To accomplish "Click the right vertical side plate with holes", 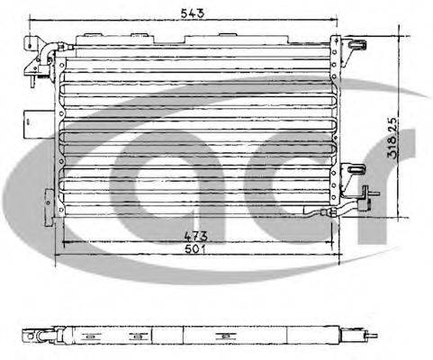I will (336, 126).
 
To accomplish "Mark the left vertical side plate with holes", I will (60, 135).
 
